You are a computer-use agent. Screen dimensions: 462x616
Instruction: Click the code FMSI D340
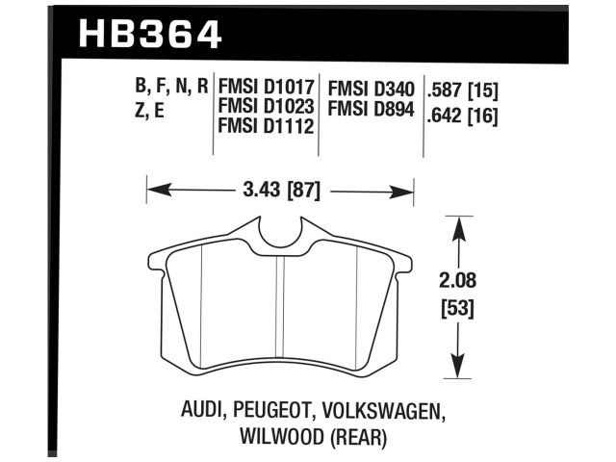tap(372, 89)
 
